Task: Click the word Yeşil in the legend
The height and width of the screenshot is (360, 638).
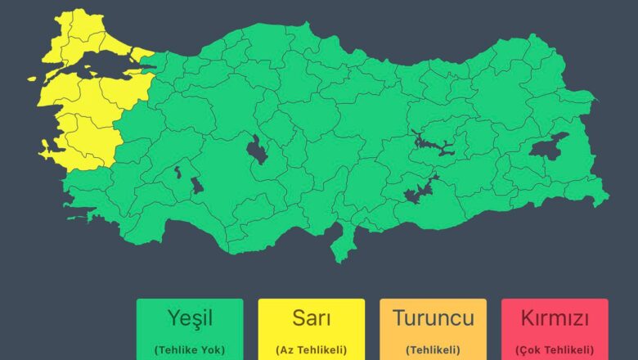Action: pyautogui.click(x=189, y=318)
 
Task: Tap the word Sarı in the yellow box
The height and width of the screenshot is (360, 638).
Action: pyautogui.click(x=311, y=318)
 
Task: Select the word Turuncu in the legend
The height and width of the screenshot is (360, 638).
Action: pyautogui.click(x=432, y=318)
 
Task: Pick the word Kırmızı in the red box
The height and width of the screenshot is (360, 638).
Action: pyautogui.click(x=554, y=318)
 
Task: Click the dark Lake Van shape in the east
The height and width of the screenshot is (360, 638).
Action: pyautogui.click(x=547, y=146)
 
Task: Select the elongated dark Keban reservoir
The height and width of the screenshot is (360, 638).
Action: pyautogui.click(x=434, y=145)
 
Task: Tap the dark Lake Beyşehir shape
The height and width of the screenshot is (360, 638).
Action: pyautogui.click(x=197, y=185)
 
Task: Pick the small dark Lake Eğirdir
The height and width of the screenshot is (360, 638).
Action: pyautogui.click(x=177, y=172)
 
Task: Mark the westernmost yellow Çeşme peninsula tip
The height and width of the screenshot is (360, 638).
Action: pyautogui.click(x=42, y=150)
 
